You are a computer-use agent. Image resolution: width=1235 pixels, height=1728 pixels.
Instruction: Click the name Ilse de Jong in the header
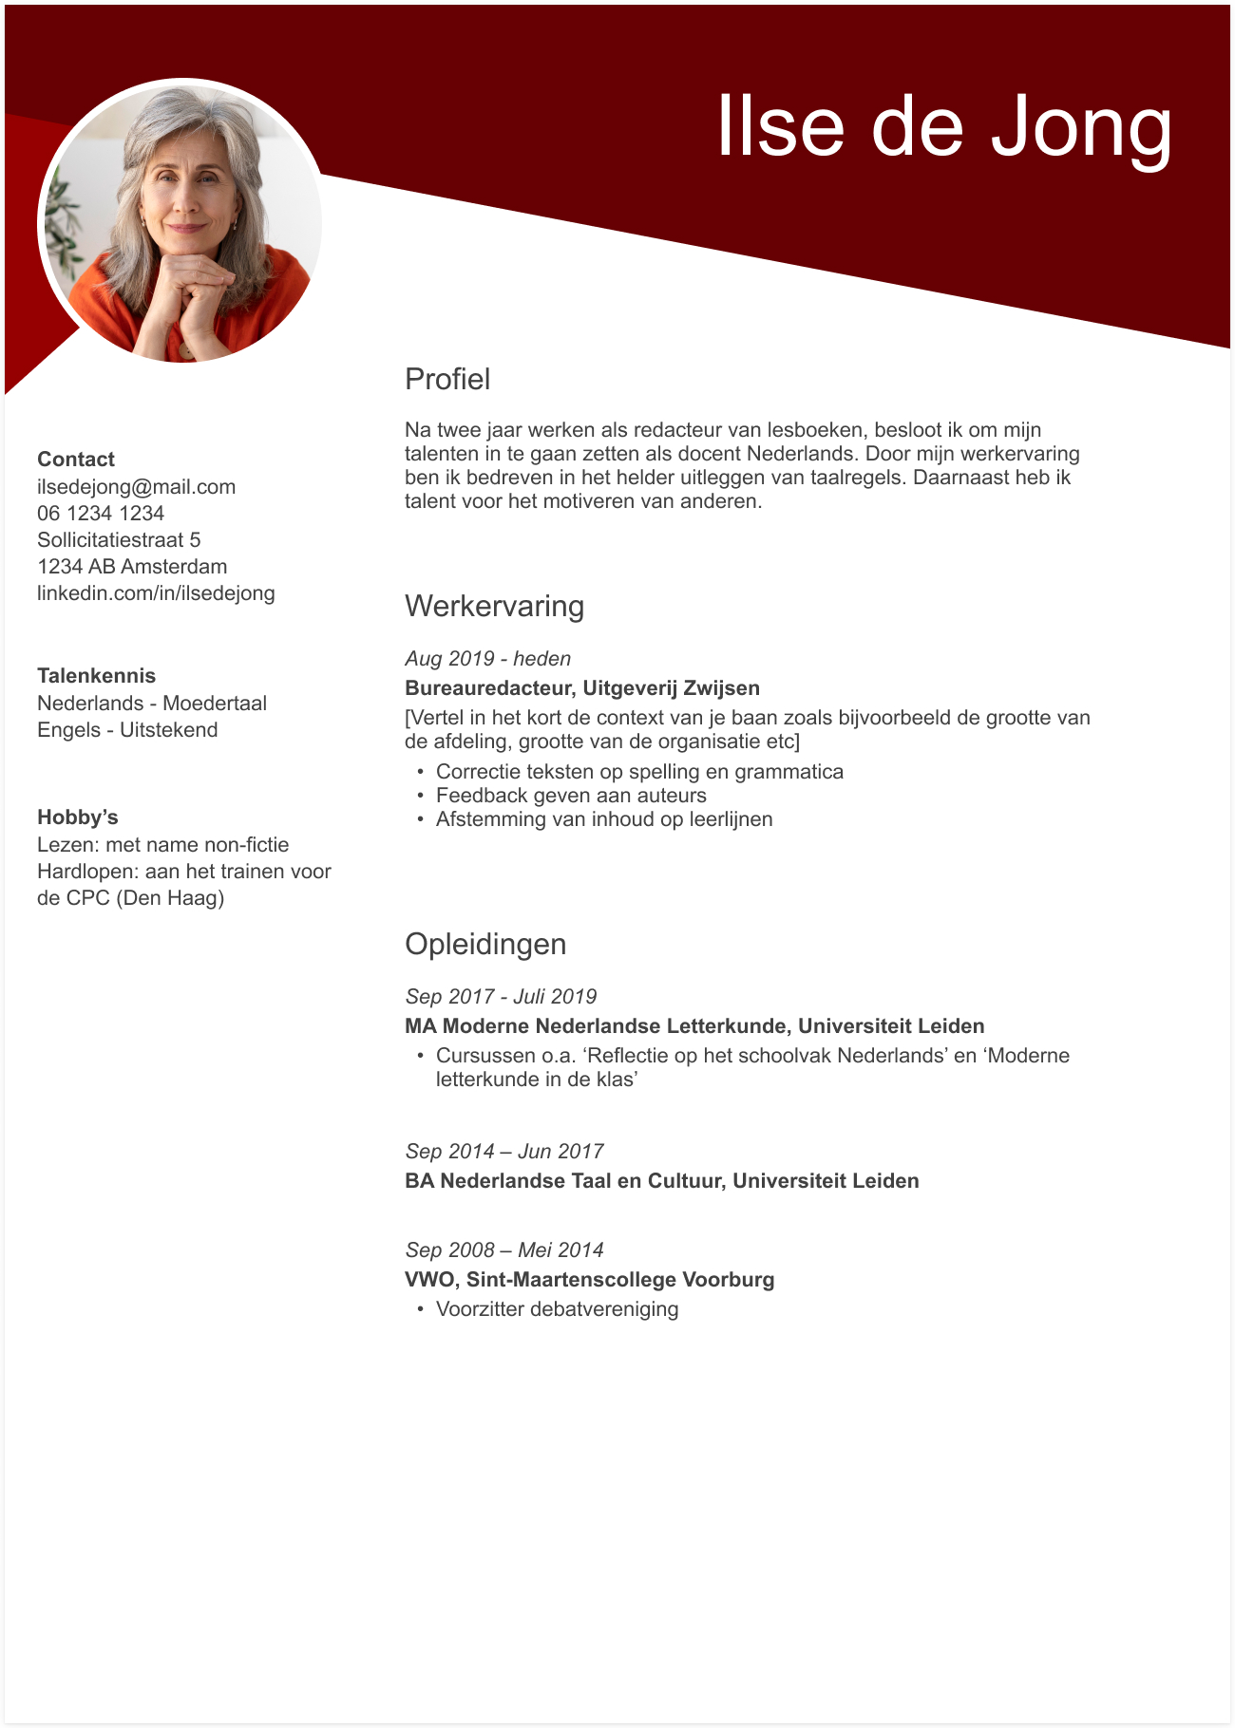coord(943,126)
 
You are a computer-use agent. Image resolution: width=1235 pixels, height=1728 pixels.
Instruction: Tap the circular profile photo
coord(180,221)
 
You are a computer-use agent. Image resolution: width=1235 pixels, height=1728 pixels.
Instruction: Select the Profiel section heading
coord(447,379)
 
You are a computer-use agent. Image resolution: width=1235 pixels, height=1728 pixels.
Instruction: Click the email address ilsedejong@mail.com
coord(136,487)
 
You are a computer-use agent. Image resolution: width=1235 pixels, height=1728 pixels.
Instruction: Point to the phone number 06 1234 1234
coord(101,514)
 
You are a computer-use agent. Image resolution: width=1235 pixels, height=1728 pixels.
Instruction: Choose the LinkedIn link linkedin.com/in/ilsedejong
coord(156,593)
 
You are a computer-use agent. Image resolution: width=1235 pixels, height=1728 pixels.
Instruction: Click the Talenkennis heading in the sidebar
coord(96,676)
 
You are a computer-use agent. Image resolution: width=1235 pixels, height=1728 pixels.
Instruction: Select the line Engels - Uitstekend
coord(127,730)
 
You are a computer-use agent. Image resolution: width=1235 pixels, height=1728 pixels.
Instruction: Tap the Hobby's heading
coord(78,817)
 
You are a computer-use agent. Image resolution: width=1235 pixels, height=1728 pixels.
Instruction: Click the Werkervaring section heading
coord(494,606)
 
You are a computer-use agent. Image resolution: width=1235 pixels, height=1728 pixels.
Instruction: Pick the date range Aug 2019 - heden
coord(487,659)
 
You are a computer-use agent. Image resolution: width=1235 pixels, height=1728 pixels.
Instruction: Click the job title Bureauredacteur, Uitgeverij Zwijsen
coord(581,688)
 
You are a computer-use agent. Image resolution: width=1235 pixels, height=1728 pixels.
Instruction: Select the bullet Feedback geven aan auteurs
coord(571,796)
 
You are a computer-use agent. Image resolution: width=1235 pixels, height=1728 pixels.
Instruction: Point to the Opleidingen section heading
coord(485,944)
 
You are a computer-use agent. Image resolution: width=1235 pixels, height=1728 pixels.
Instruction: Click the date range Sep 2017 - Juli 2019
coord(501,997)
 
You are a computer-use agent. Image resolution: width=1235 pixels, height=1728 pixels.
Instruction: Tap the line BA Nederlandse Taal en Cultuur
coord(661,1181)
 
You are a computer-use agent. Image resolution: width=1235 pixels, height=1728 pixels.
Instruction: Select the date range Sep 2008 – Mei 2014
coord(504,1250)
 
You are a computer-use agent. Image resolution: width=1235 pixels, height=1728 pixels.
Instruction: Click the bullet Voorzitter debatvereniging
coord(557,1309)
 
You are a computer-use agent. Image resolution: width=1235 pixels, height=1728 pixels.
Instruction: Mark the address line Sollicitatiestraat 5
coord(119,540)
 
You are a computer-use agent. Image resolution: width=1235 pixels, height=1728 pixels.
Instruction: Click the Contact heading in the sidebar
coord(76,460)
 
